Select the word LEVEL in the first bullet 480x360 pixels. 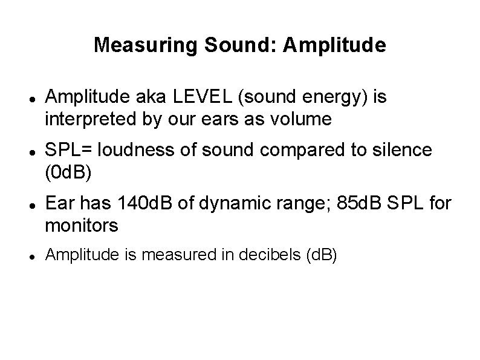[192, 96]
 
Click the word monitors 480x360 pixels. [82, 226]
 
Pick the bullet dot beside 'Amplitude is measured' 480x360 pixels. [30, 257]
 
